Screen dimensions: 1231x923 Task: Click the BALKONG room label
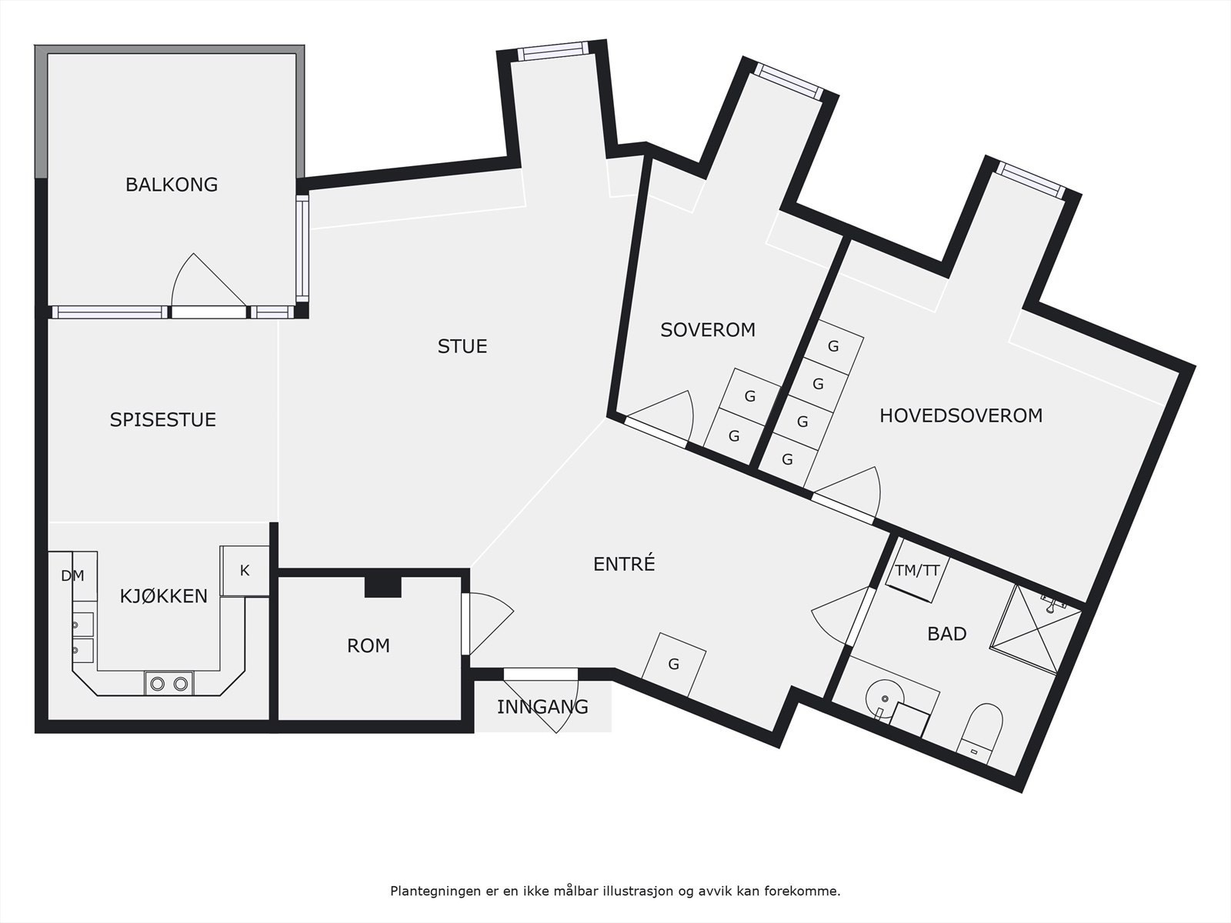(x=172, y=185)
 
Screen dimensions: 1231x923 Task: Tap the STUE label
(x=462, y=346)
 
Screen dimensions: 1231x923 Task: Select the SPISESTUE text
(x=162, y=420)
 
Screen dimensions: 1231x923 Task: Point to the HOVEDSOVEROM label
(x=961, y=415)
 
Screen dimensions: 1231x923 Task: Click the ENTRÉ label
(x=624, y=563)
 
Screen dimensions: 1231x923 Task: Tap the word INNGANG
(x=542, y=707)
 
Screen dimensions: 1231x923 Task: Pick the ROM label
(x=368, y=645)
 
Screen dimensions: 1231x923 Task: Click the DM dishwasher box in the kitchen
(x=73, y=576)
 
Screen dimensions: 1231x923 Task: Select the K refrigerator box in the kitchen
(x=245, y=571)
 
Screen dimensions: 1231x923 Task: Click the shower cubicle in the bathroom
(x=1036, y=628)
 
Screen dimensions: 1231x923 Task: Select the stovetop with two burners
(x=168, y=683)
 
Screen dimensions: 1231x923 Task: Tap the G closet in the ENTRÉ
(x=673, y=665)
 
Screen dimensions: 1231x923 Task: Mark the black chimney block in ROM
(x=384, y=586)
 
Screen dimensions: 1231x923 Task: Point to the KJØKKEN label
(x=164, y=595)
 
